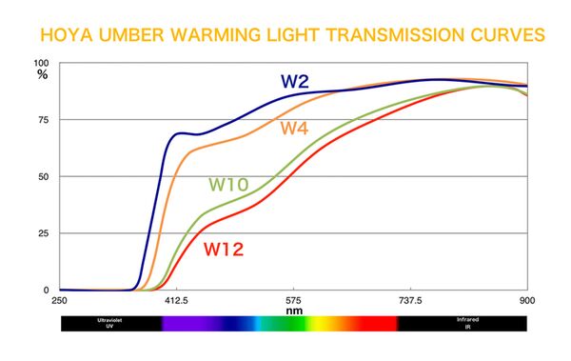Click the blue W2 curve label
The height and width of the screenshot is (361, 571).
295,81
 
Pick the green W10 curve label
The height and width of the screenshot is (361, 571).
229,184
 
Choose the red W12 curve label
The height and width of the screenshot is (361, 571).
224,251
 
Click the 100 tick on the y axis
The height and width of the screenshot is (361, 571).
42,64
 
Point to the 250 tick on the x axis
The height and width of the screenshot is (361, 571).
59,299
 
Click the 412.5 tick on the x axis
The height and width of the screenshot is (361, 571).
176,299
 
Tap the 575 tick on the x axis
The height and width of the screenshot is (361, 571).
293,299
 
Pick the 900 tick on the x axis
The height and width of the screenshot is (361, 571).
526,299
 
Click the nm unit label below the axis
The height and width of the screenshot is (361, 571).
293,310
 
